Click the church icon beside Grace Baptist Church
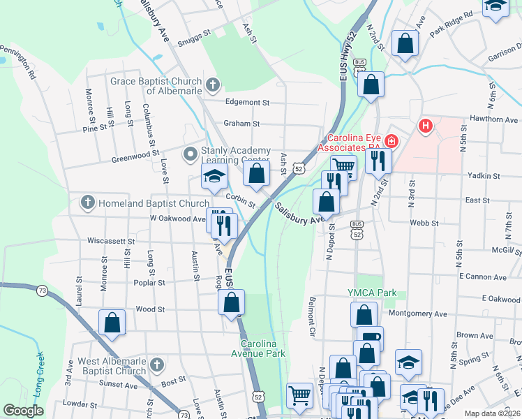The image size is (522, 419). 213,86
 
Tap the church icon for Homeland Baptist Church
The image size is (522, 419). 87,203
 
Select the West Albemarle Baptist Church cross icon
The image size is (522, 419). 157,365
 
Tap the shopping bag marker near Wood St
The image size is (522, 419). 112,323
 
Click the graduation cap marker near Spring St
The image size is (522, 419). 408,362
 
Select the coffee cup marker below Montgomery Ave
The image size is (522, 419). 370,339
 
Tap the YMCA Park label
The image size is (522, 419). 373,293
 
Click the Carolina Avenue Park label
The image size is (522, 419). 263,348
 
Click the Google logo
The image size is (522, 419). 23,411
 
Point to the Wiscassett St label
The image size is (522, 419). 110,241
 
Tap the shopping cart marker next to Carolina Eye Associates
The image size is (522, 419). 343,167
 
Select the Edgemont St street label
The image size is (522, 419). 246,102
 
